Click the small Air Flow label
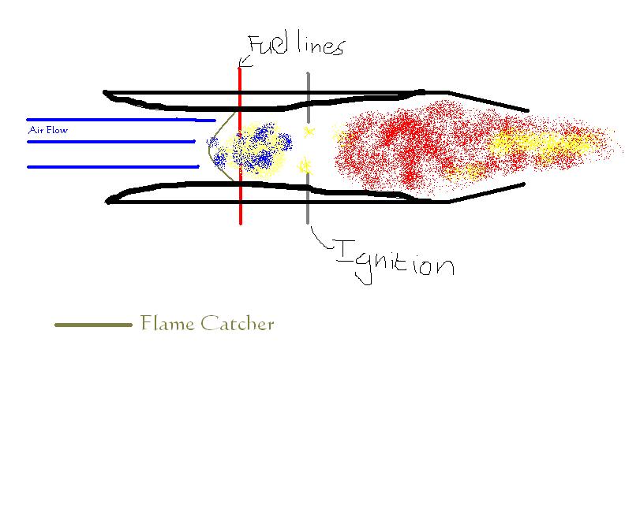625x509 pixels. (47, 130)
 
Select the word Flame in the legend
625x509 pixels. (165, 323)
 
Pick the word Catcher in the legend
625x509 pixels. (236, 323)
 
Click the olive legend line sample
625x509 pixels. (93, 324)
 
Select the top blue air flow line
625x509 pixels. (118, 120)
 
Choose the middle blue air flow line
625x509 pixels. (110, 142)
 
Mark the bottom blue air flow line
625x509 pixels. (110, 166)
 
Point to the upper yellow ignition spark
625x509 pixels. (309, 131)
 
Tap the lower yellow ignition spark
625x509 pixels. (306, 165)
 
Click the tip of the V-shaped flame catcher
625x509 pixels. (208, 143)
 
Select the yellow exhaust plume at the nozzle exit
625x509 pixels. (545, 144)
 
